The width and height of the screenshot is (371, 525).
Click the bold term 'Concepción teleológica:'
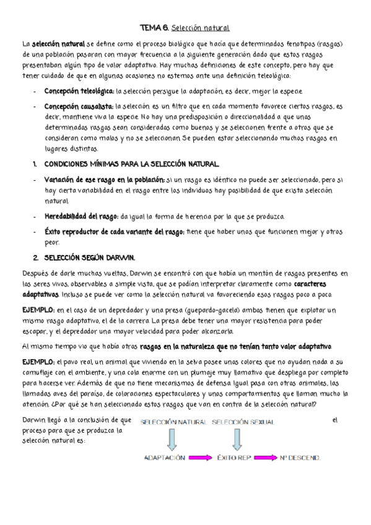click(x=79, y=91)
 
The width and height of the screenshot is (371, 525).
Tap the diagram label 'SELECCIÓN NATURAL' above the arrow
click(x=173, y=422)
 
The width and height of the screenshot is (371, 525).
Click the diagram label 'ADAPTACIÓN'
click(x=165, y=458)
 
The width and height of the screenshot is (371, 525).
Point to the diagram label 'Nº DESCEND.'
click(x=299, y=458)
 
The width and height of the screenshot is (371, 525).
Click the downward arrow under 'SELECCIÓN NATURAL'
click(x=172, y=438)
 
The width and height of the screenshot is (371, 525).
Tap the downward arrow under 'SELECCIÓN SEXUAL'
click(x=234, y=438)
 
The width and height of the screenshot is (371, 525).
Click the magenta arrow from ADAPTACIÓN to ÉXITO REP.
click(x=200, y=458)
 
